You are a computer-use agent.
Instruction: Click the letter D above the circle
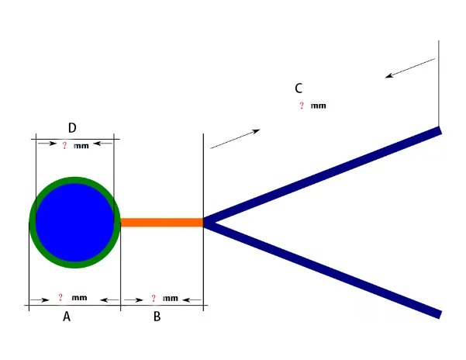tap(72, 128)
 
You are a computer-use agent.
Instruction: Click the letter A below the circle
tap(67, 317)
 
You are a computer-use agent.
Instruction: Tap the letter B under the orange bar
tap(157, 317)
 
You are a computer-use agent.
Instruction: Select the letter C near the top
tap(299, 88)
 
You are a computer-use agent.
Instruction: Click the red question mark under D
tap(64, 145)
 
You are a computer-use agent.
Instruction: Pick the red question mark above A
tap(60, 298)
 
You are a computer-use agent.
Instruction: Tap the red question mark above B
tap(154, 298)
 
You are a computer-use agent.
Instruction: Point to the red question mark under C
tap(302, 106)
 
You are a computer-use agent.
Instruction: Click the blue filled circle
tap(74, 223)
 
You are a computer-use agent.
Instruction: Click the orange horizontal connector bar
tap(161, 223)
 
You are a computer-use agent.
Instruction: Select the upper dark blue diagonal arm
tap(326, 176)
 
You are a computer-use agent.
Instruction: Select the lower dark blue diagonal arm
tap(326, 268)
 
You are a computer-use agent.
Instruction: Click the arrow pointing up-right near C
tap(235, 139)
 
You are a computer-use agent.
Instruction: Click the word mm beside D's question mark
tap(81, 146)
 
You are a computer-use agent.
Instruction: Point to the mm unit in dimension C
tap(319, 106)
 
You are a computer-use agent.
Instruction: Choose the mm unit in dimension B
tap(171, 298)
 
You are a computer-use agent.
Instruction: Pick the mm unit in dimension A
tap(79, 298)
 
